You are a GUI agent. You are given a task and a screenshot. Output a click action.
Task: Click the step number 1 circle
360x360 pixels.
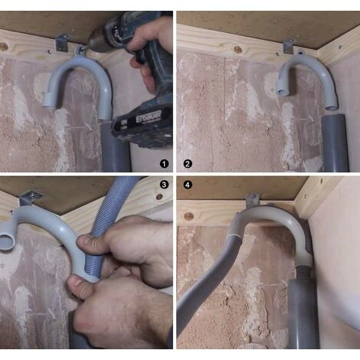click(x=162, y=163)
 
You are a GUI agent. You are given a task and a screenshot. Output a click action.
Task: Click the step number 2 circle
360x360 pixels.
click(x=188, y=163)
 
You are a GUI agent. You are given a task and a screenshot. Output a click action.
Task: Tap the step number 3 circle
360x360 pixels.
click(x=162, y=185)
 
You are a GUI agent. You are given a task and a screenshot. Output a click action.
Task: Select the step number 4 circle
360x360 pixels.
click(x=188, y=185)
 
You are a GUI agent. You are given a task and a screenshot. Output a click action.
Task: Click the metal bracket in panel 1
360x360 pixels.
click(x=65, y=41)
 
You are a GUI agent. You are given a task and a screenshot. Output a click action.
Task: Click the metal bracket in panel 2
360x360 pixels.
click(x=289, y=46)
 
